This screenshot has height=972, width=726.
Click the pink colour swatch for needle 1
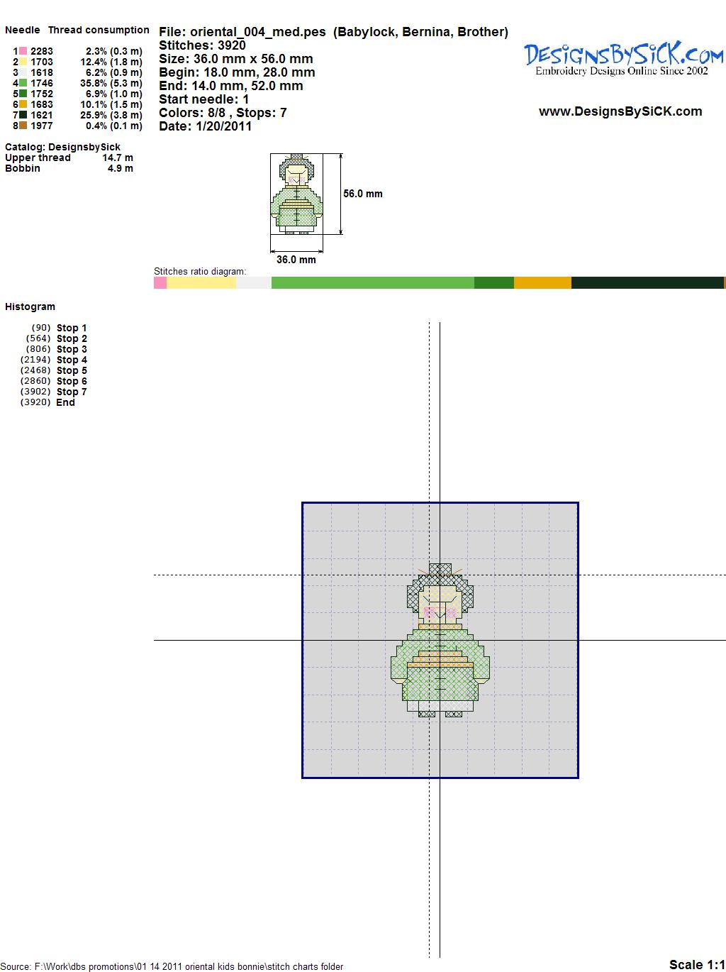coord(23,51)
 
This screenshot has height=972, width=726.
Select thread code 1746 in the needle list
coord(42,83)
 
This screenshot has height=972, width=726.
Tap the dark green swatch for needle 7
coord(23,115)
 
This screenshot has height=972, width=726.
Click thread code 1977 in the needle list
coord(42,126)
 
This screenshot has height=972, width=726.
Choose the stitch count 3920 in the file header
coord(231,45)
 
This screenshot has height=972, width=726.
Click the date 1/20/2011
coord(223,126)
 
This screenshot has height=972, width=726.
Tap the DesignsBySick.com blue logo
coord(623,58)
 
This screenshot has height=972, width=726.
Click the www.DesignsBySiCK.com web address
coord(620,111)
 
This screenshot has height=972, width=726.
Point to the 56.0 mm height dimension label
coord(363,194)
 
